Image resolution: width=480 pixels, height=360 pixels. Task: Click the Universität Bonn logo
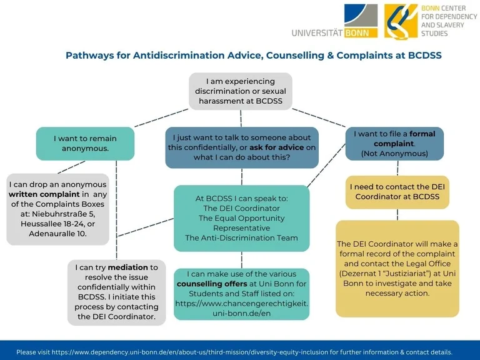click(x=334, y=21)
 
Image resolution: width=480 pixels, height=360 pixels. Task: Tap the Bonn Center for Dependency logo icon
click(x=401, y=21)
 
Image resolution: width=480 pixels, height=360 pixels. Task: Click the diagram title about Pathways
click(x=254, y=56)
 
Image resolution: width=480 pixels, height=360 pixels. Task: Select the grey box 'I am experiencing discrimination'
click(x=241, y=91)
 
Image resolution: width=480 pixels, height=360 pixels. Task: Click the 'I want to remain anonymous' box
click(x=85, y=143)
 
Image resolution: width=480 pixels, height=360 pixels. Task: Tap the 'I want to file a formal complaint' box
click(x=394, y=143)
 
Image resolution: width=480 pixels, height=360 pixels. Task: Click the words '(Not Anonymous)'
click(x=394, y=153)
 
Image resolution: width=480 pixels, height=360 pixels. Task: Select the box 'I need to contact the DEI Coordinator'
click(x=397, y=191)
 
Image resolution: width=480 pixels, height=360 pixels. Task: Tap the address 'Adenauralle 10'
click(x=58, y=234)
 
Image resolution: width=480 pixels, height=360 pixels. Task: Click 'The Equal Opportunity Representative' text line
click(x=241, y=223)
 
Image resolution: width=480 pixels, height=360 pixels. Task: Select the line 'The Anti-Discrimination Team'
click(x=241, y=237)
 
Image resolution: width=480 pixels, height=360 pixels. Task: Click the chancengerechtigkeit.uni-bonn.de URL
click(x=241, y=308)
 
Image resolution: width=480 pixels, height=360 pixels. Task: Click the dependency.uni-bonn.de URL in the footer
click(x=198, y=352)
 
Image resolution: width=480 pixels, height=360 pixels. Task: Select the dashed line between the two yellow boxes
click(x=397, y=214)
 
